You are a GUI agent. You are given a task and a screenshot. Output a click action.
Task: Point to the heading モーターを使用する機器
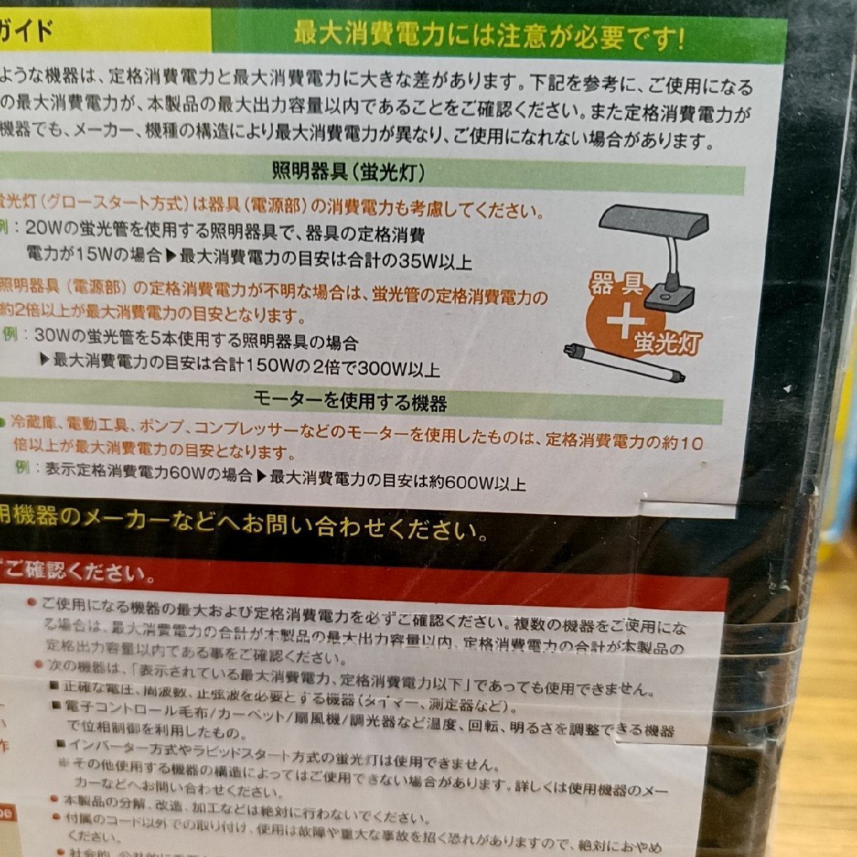click(x=350, y=401)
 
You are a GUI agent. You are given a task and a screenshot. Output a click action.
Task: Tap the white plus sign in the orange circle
click(x=623, y=323)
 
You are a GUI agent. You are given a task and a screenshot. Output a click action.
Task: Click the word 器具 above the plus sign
click(x=616, y=286)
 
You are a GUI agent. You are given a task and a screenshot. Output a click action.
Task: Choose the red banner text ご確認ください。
click(x=79, y=573)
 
